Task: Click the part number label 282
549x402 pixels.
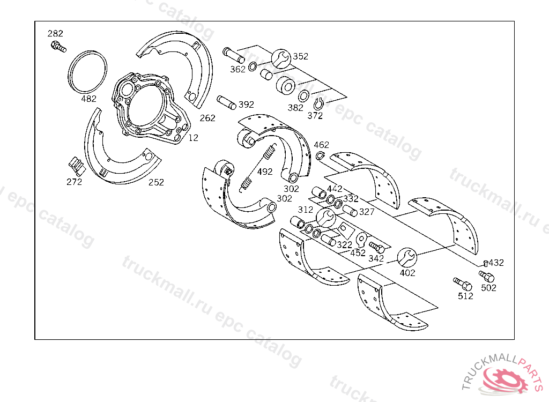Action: tap(55, 33)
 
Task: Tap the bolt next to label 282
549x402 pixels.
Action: tap(58, 47)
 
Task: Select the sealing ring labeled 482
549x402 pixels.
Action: tap(87, 72)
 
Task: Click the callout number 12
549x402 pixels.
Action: tap(193, 138)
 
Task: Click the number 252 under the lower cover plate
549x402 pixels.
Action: tap(156, 182)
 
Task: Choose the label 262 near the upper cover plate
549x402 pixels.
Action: tap(207, 118)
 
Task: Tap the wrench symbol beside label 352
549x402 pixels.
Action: tap(281, 58)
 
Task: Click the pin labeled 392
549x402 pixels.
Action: tap(227, 102)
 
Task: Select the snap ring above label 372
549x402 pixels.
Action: tap(318, 104)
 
